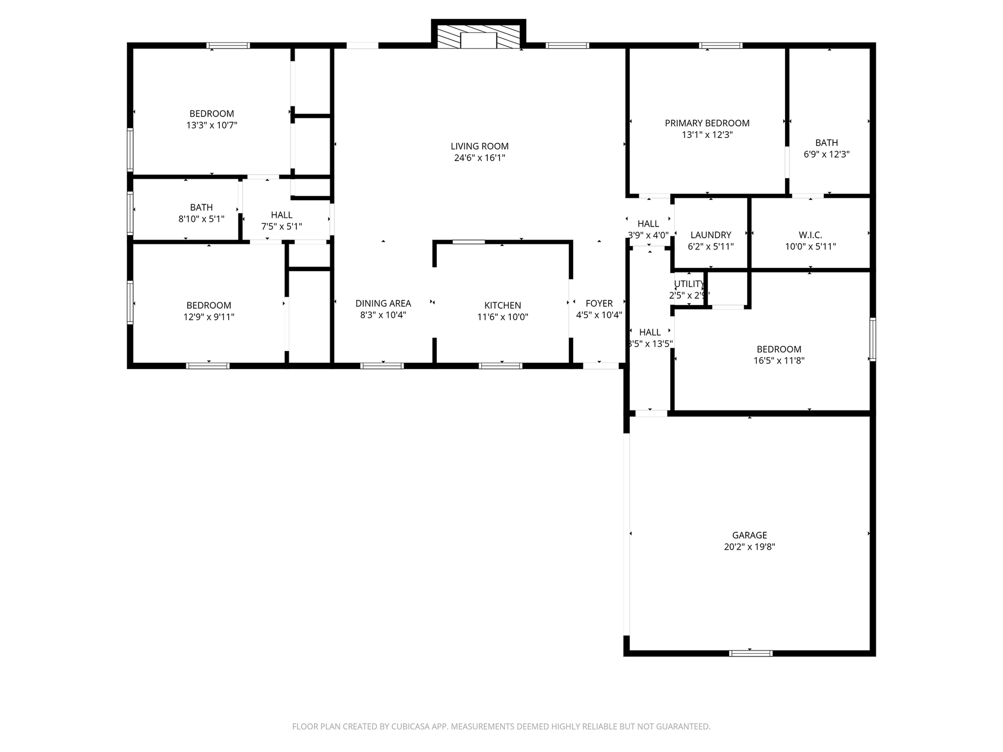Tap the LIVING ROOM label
pos(479,146)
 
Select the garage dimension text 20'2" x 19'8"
pos(749,547)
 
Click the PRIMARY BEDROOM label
pos(707,123)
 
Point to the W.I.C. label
pos(810,235)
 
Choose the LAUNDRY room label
pos(710,235)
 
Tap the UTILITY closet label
pos(689,284)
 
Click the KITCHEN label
pos(502,305)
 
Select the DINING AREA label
pos(383,304)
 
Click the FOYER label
pos(599,304)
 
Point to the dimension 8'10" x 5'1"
pos(201,219)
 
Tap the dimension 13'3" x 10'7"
pos(212,125)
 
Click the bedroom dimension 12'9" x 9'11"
pos(209,317)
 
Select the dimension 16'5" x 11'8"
pos(779,361)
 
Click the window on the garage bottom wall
pos(750,653)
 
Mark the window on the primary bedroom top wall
pos(720,46)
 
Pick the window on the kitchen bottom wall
pos(500,366)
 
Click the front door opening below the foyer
pos(600,365)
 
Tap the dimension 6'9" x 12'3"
pos(826,154)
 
